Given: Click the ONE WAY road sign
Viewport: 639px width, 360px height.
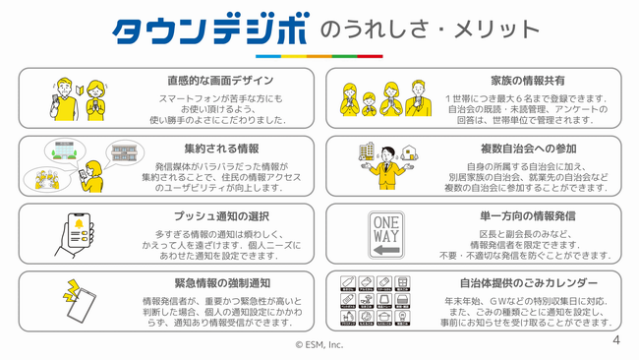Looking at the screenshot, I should coord(385,235).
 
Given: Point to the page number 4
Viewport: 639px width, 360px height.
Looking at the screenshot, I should coord(616,340).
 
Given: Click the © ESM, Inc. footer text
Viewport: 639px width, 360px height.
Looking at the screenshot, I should coord(319,345).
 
